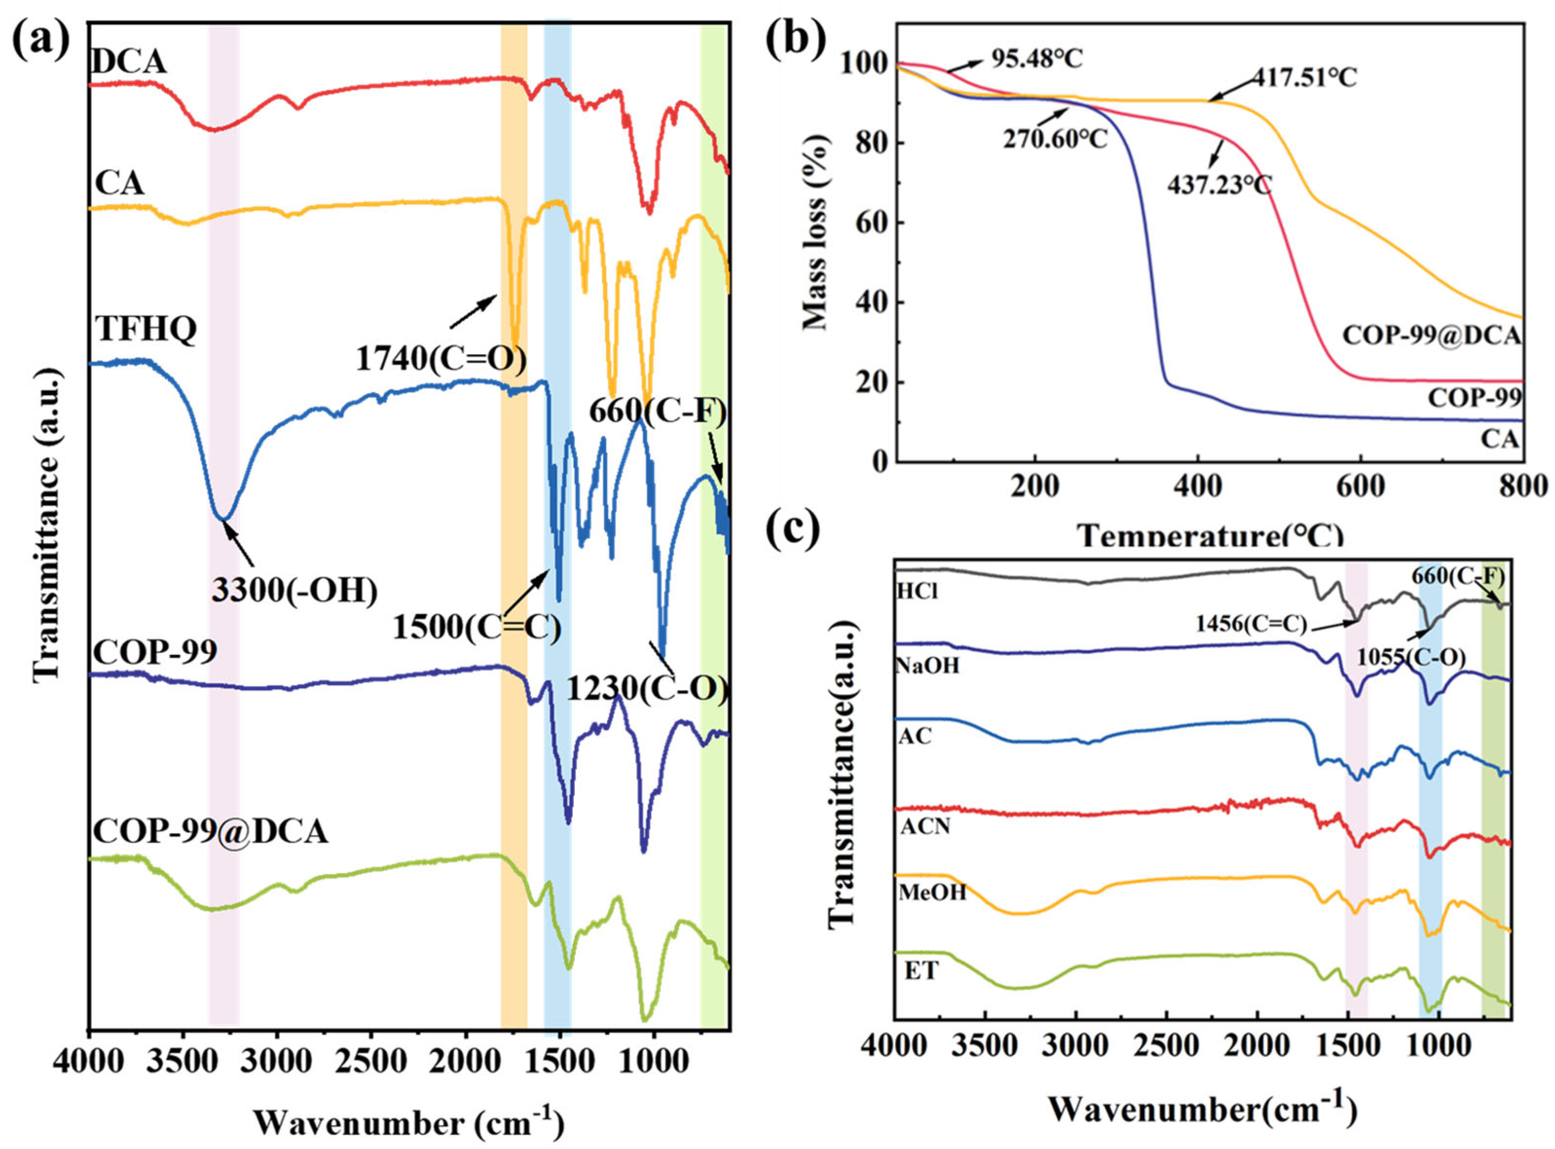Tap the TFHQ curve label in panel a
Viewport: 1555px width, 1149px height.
coord(146,329)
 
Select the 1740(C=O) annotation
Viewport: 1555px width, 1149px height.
coord(441,359)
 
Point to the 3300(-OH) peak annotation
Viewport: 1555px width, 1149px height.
coord(295,591)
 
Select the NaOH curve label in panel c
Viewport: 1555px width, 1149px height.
coord(927,666)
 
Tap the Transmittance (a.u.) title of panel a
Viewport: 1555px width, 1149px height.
coord(48,524)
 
